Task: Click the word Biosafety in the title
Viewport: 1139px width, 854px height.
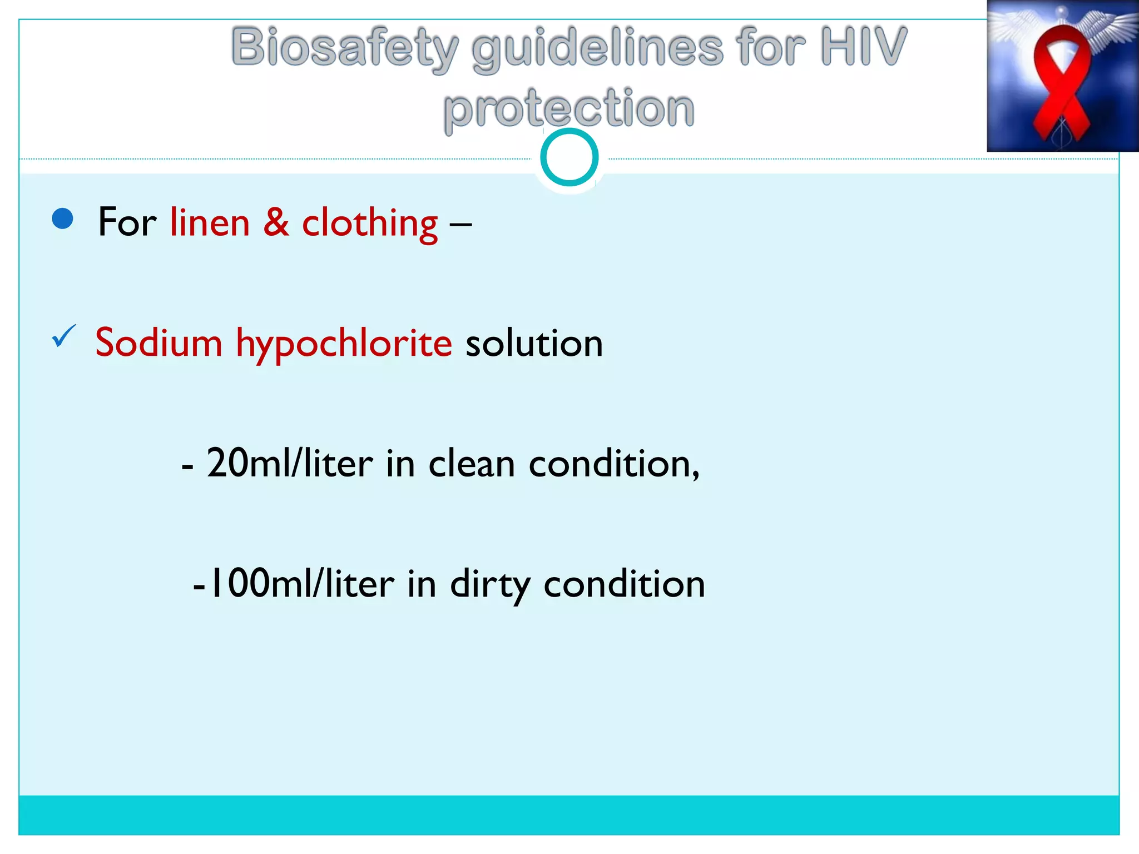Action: [345, 49]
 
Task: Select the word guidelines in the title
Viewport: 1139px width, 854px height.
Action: [598, 49]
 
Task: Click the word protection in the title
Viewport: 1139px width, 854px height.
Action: [569, 109]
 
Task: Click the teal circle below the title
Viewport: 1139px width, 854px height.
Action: [569, 157]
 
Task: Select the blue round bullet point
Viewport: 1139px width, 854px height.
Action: [62, 219]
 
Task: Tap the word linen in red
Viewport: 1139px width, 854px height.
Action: [210, 222]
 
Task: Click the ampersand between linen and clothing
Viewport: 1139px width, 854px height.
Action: [276, 222]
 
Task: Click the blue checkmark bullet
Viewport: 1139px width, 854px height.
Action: [63, 336]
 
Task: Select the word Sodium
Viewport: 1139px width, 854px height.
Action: [159, 342]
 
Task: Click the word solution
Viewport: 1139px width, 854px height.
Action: [534, 344]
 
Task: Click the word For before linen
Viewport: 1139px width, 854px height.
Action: [127, 222]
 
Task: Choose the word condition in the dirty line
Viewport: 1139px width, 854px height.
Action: [624, 584]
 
